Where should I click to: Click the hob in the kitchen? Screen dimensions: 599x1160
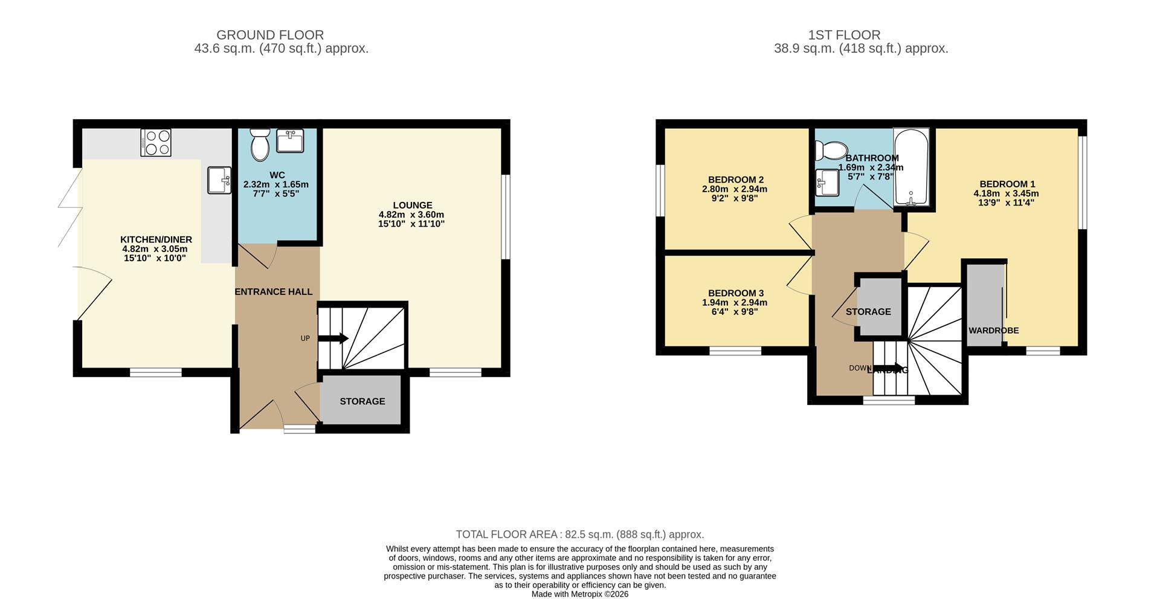[156, 143]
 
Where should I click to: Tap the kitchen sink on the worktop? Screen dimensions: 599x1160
[219, 180]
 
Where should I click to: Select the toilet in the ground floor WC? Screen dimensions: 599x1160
[260, 144]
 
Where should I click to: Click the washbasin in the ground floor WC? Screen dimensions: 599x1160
[291, 141]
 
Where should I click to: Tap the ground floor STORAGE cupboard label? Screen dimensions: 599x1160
[362, 401]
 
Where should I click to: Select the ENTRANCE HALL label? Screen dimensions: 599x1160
[273, 292]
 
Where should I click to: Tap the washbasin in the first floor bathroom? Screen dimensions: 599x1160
[826, 183]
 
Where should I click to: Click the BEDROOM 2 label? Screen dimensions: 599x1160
[735, 180]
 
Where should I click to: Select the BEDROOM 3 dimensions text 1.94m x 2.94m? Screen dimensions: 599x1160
[734, 303]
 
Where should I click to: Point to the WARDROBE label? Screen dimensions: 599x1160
[993, 331]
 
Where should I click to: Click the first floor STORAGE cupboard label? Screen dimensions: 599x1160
[868, 312]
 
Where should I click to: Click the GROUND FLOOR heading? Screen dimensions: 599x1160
[270, 35]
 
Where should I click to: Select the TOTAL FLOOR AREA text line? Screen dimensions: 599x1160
[579, 534]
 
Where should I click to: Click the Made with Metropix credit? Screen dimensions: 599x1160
[579, 594]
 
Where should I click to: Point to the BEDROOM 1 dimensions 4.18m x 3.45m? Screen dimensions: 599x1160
[1006, 193]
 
